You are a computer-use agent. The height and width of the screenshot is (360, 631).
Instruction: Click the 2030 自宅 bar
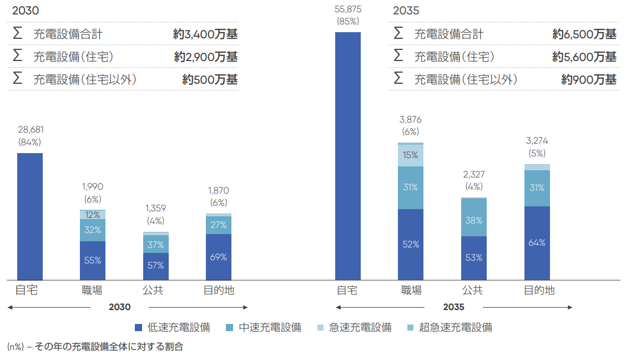30,216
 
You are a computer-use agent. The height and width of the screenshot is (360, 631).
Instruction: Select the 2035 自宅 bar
348,156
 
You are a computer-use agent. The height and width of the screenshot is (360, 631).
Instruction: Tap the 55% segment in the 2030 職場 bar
93,260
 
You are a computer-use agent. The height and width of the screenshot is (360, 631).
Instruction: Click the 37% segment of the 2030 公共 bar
156,244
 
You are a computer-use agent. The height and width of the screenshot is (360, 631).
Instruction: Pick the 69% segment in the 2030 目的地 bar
219,257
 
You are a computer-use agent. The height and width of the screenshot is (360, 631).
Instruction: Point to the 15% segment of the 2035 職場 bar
411,155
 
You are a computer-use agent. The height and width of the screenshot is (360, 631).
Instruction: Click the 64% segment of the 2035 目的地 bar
537,243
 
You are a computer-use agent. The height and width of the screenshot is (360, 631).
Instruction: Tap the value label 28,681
31,129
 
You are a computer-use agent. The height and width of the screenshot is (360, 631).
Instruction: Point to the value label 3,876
411,119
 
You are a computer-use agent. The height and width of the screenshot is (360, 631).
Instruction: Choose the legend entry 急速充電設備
360,327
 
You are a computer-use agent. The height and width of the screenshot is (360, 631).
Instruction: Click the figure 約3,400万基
205,34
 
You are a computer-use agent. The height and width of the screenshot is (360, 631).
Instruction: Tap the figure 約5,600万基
584,57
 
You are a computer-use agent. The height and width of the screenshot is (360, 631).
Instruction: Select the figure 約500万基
210,79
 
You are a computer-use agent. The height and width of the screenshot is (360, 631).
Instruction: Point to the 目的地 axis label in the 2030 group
219,290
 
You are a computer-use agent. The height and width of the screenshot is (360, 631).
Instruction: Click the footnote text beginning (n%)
95,347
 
